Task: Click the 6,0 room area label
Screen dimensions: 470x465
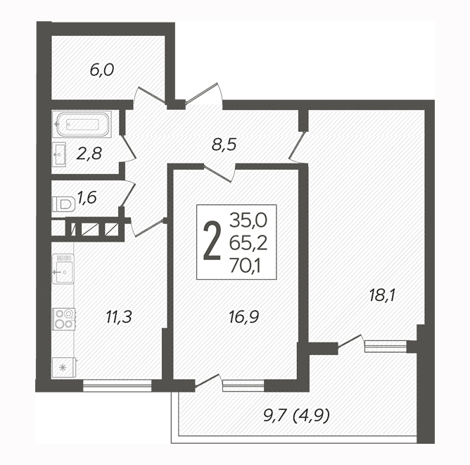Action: [102, 71]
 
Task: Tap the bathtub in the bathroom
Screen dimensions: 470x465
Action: [82, 124]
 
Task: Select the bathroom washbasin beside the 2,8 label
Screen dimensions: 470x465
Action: [59, 154]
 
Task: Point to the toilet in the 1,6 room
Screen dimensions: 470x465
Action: [63, 204]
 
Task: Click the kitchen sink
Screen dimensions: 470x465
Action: [63, 269]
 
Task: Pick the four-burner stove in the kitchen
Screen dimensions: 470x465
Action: [63, 318]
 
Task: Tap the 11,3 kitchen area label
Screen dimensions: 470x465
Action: [119, 317]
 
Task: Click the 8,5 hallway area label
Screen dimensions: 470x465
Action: [224, 145]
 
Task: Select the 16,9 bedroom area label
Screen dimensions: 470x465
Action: [243, 317]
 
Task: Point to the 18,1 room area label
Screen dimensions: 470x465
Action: [383, 296]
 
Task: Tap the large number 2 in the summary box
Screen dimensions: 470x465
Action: [212, 241]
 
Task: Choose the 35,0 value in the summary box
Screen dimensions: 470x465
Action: [248, 220]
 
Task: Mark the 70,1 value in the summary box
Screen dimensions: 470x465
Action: [245, 266]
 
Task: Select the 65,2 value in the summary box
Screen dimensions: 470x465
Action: [248, 243]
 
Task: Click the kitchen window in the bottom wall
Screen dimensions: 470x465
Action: [118, 386]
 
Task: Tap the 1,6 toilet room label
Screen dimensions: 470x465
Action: [87, 198]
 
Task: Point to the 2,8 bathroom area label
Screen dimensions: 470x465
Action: [89, 154]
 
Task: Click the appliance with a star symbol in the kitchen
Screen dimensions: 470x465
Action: [64, 368]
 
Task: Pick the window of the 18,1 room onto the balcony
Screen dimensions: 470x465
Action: [386, 347]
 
